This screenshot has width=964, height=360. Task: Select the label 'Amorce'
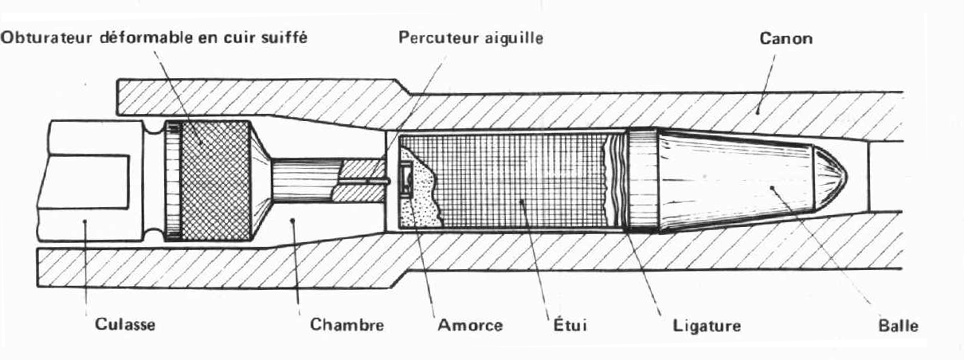pos(470,325)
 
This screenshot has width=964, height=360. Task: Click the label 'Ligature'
pos(702,325)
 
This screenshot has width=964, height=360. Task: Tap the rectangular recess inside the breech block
pos(83,179)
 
